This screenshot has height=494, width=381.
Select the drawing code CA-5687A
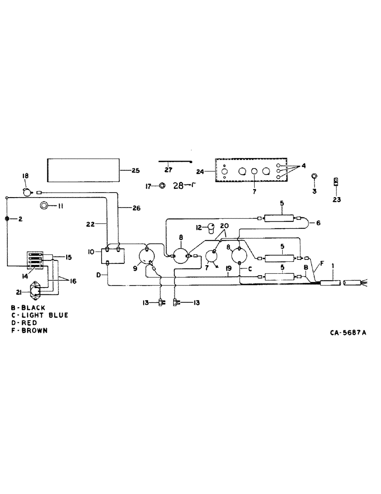click(348, 332)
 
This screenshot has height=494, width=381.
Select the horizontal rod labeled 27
click(175, 161)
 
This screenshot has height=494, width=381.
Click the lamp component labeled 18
click(27, 192)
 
